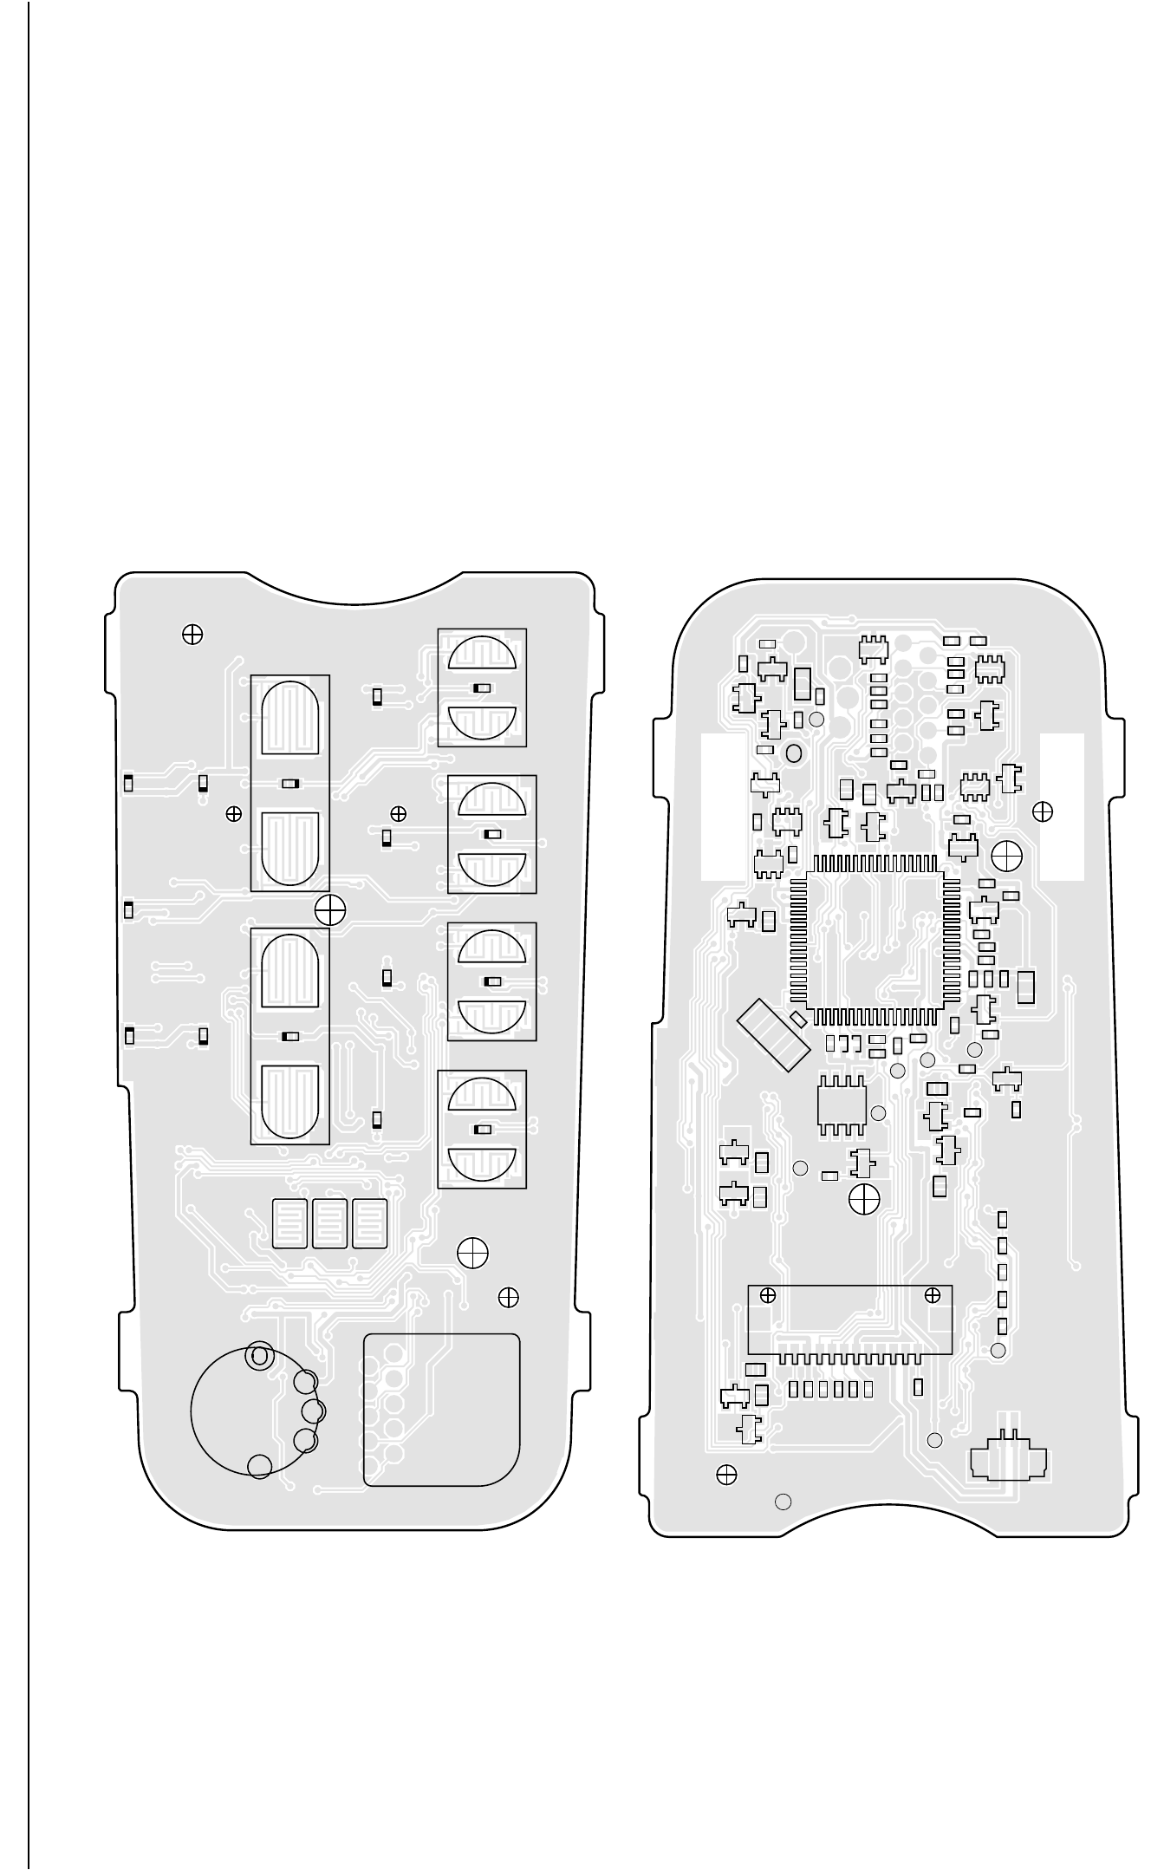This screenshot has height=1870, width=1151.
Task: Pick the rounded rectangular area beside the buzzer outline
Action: (x=441, y=1409)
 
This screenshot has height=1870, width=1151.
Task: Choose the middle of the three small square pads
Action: (x=330, y=1223)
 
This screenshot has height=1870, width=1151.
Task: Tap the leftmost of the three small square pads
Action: (x=290, y=1223)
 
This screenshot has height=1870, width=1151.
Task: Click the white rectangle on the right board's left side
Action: (x=722, y=806)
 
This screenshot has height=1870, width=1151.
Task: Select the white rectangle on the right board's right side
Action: (x=1062, y=806)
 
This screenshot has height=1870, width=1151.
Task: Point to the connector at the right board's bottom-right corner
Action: (x=1008, y=1461)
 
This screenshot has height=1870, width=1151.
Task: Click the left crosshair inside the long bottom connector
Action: (x=767, y=1296)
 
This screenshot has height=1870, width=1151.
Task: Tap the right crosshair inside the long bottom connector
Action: (x=933, y=1296)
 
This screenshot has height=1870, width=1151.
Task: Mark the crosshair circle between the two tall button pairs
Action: (x=330, y=909)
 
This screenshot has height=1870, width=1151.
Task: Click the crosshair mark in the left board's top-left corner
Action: (x=192, y=635)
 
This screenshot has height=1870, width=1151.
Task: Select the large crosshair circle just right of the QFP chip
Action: (x=1006, y=857)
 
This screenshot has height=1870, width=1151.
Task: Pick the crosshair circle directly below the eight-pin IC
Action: (x=864, y=1199)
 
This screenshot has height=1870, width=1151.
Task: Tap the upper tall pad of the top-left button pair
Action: (x=290, y=719)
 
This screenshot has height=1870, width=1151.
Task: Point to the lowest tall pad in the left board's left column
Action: (x=290, y=1101)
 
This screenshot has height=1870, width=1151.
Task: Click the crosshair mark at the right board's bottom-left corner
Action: (x=727, y=1475)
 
